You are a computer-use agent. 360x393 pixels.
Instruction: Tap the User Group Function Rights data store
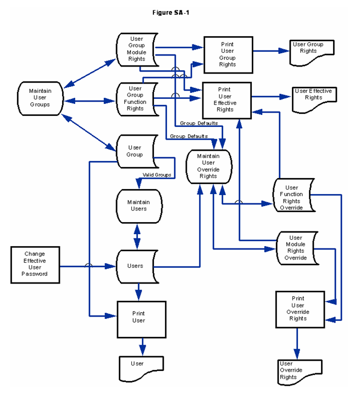[136, 98]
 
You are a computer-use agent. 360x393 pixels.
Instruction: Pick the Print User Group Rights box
[228, 54]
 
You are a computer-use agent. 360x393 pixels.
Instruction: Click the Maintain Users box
[139, 206]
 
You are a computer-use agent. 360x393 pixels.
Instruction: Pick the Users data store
[136, 266]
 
